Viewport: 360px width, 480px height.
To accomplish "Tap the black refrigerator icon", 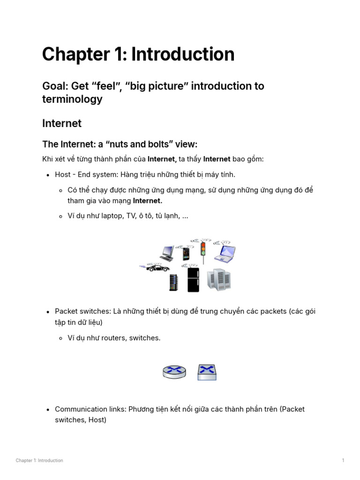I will click(x=193, y=279).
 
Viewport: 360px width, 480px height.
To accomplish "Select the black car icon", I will click(x=157, y=268).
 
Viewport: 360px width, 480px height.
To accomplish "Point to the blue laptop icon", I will click(x=225, y=253).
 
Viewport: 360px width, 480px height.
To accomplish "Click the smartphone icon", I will click(x=186, y=254).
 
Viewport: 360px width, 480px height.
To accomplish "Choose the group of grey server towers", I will click(x=219, y=280).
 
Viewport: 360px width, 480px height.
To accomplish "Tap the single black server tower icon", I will click(x=174, y=282).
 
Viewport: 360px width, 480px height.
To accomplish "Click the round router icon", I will click(x=174, y=372).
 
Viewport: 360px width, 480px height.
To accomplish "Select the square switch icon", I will click(x=207, y=372).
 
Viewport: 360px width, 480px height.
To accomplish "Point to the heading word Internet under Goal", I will click(x=62, y=123).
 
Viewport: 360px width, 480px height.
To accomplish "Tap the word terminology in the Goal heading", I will click(x=72, y=99).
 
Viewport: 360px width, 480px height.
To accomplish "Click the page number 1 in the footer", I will click(x=343, y=460).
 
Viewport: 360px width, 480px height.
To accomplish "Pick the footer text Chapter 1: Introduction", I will click(x=39, y=460).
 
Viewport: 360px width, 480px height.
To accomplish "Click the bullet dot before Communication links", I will click(x=48, y=410).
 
